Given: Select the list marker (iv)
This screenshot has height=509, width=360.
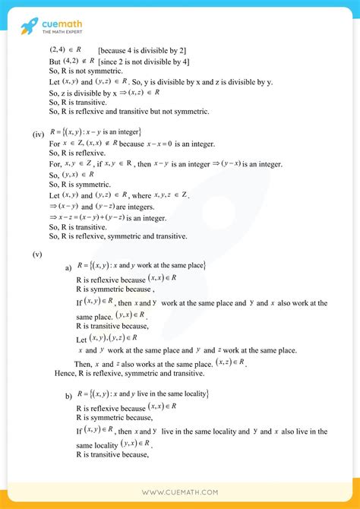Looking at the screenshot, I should (x=38, y=134).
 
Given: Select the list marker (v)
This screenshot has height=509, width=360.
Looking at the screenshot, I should (x=36, y=254).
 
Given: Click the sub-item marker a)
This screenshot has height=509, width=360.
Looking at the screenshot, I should (x=68, y=268).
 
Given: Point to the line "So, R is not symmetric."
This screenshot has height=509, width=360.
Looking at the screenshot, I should (x=87, y=73).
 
